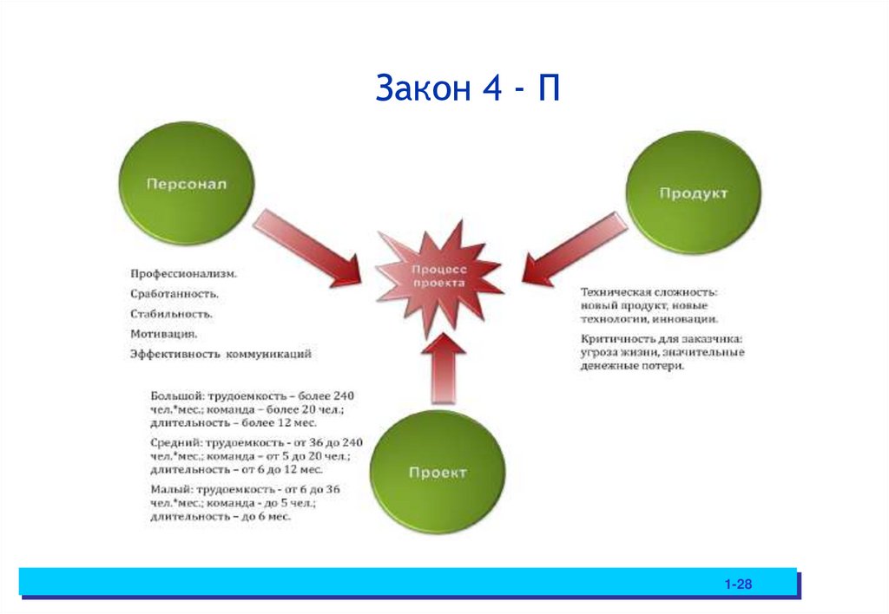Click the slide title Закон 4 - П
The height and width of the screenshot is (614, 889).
[468, 88]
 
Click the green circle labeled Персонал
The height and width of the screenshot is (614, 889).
[185, 186]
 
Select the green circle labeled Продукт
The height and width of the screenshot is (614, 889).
[693, 194]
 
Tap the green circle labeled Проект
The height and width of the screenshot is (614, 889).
[437, 473]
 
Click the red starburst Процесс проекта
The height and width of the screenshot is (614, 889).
[439, 277]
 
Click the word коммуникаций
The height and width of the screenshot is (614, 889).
[269, 354]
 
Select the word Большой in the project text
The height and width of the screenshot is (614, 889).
[175, 395]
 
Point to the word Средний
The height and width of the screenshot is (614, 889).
[175, 442]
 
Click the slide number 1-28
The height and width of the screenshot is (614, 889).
[738, 585]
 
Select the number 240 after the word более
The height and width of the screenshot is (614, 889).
[344, 395]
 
